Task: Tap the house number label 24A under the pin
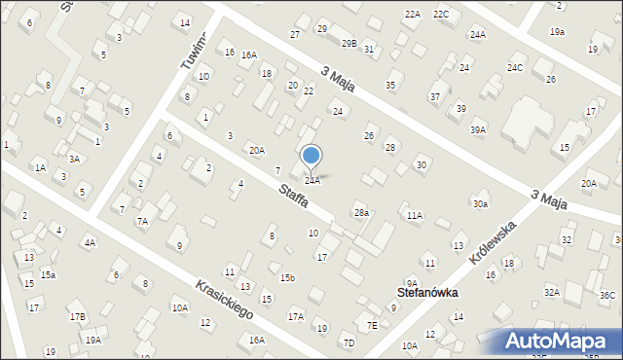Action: pyautogui.click(x=311, y=180)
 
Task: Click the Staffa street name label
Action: pyautogui.click(x=292, y=195)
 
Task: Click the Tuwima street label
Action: pyautogui.click(x=195, y=50)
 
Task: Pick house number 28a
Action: pyautogui.click(x=361, y=212)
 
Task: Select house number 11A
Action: pyautogui.click(x=416, y=215)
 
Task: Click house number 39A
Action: pyautogui.click(x=477, y=129)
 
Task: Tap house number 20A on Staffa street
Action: pyautogui.click(x=256, y=150)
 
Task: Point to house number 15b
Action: pyautogui.click(x=287, y=277)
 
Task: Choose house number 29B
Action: pyautogui.click(x=348, y=44)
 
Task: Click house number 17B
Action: pyautogui.click(x=77, y=316)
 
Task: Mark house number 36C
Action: pyautogui.click(x=607, y=295)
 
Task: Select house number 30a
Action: pyautogui.click(x=480, y=203)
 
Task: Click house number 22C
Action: pyautogui.click(x=441, y=14)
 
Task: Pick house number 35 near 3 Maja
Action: pyautogui.click(x=390, y=86)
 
